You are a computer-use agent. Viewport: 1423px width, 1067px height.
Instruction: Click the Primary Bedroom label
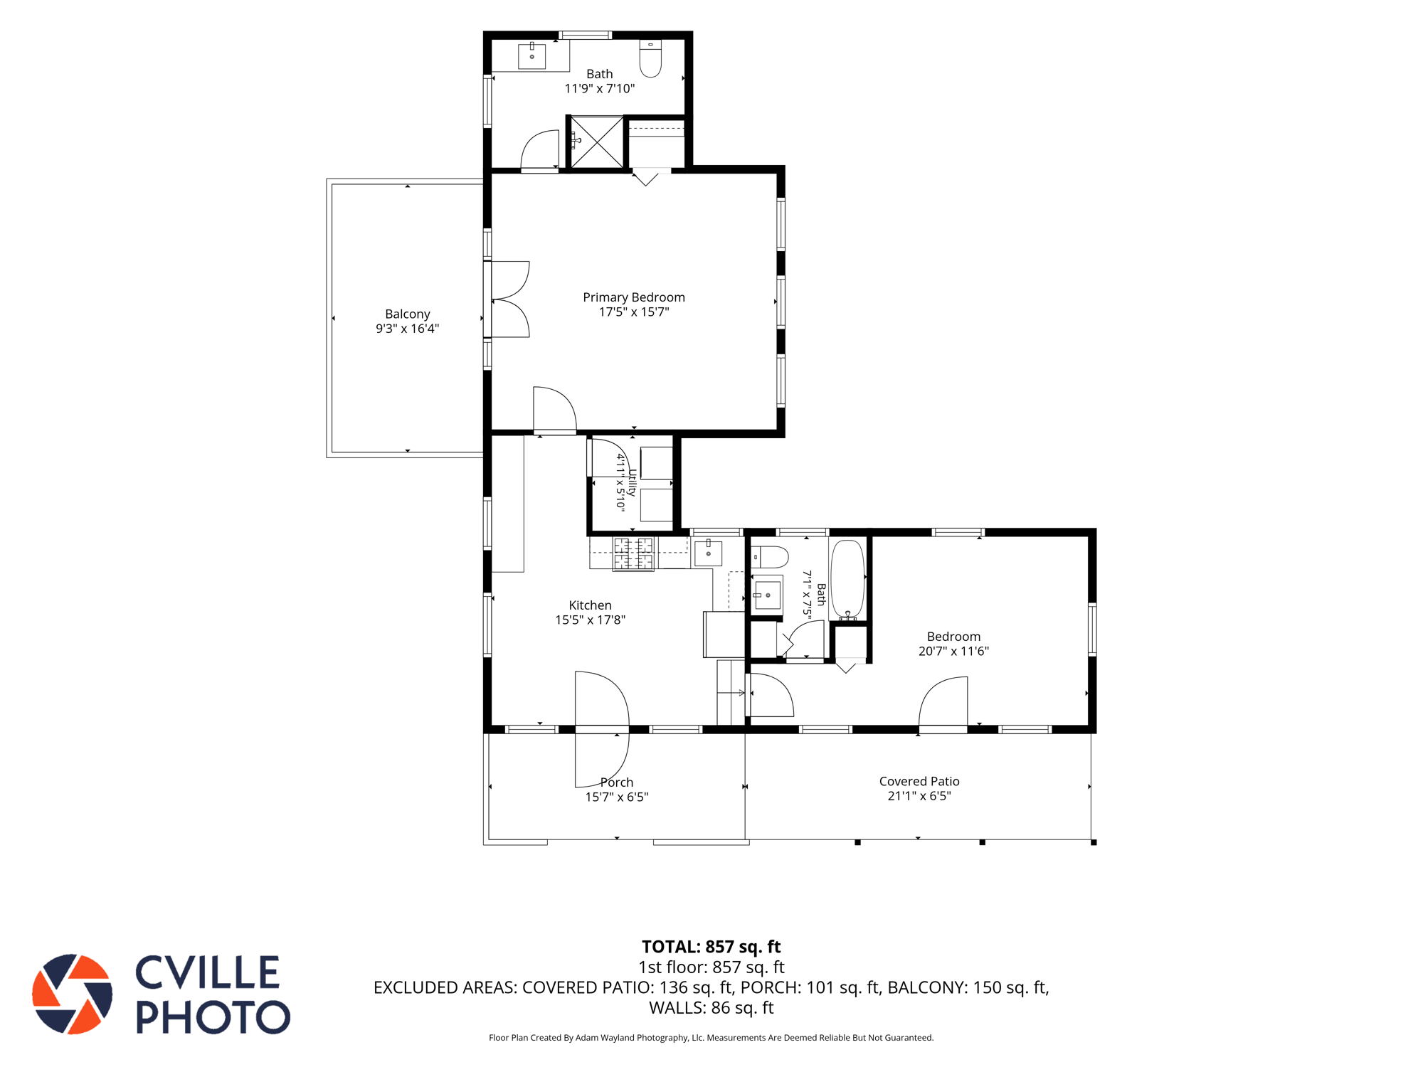[x=634, y=297]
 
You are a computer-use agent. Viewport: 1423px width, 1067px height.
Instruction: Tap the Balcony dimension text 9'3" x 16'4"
[x=408, y=329]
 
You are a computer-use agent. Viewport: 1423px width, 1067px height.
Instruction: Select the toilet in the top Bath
[x=650, y=58]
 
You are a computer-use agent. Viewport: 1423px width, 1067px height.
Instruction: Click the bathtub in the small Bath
[x=847, y=580]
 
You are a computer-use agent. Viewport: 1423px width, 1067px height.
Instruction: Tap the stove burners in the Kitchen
[x=633, y=554]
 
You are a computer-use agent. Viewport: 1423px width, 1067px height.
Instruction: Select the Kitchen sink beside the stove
[x=708, y=553]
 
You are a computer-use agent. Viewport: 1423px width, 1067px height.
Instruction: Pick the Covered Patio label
[x=919, y=781]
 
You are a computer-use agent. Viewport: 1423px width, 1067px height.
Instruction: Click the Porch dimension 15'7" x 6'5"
[x=617, y=797]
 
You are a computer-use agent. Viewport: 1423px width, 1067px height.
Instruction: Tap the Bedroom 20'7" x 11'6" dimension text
[x=953, y=651]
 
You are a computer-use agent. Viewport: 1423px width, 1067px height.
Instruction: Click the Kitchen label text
[x=591, y=605]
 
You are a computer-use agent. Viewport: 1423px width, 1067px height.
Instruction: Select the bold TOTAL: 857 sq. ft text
[x=711, y=947]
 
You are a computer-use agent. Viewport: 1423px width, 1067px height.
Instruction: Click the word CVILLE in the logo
[x=207, y=972]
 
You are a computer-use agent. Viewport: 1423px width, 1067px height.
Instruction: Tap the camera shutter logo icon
[x=73, y=994]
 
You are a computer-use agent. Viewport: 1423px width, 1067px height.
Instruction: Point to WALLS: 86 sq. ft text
[x=711, y=1007]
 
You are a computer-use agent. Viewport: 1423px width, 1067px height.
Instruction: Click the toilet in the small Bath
[x=770, y=557]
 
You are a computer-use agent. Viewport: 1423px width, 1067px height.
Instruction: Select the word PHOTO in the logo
[x=213, y=1016]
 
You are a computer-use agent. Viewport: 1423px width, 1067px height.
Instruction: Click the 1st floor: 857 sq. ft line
[x=711, y=967]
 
